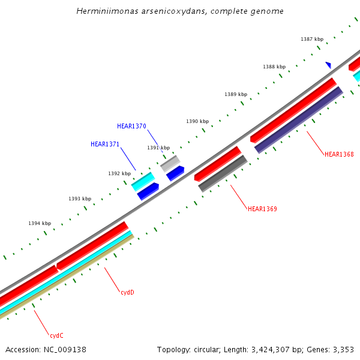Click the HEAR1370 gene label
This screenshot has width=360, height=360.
pyautogui.click(x=131, y=126)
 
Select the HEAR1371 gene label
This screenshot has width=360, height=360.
pyautogui.click(x=105, y=144)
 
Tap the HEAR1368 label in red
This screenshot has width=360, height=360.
pyautogui.click(x=339, y=154)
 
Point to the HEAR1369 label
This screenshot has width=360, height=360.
pyautogui.click(x=262, y=209)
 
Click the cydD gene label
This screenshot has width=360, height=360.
pyautogui.click(x=127, y=292)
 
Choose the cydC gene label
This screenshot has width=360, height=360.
pyautogui.click(x=56, y=335)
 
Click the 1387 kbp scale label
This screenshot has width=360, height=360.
pyautogui.click(x=312, y=39)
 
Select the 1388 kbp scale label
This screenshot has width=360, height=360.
pyautogui.click(x=274, y=67)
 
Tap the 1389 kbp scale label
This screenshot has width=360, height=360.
pyautogui.click(x=236, y=94)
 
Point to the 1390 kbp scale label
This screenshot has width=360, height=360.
pyautogui.click(x=197, y=121)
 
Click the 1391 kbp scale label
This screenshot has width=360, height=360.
pyautogui.click(x=158, y=148)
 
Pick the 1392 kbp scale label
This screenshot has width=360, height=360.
pyautogui.click(x=119, y=173)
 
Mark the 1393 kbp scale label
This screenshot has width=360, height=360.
pyautogui.click(x=80, y=199)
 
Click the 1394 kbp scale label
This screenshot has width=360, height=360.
pyautogui.click(x=40, y=223)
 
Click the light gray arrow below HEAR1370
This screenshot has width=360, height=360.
pyautogui.click(x=170, y=163)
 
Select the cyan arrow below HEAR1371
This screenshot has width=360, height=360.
pyautogui.click(x=143, y=181)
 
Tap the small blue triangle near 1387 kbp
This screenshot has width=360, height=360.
pyautogui.click(x=328, y=65)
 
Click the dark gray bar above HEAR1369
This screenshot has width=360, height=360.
pyautogui.click(x=223, y=174)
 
